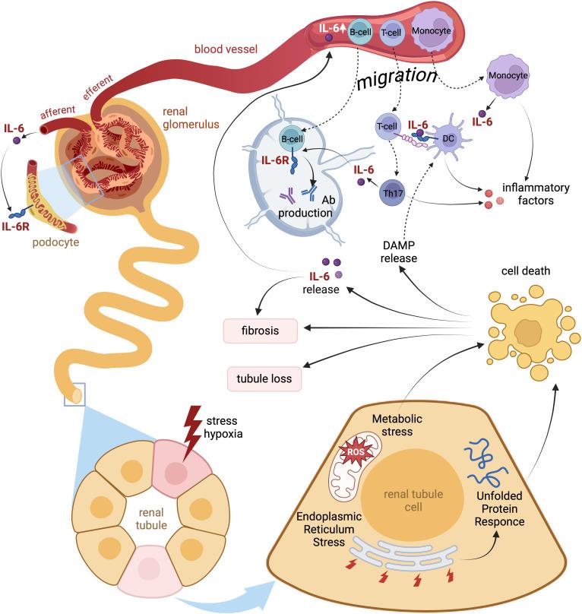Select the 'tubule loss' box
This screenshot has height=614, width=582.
click(264, 378)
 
